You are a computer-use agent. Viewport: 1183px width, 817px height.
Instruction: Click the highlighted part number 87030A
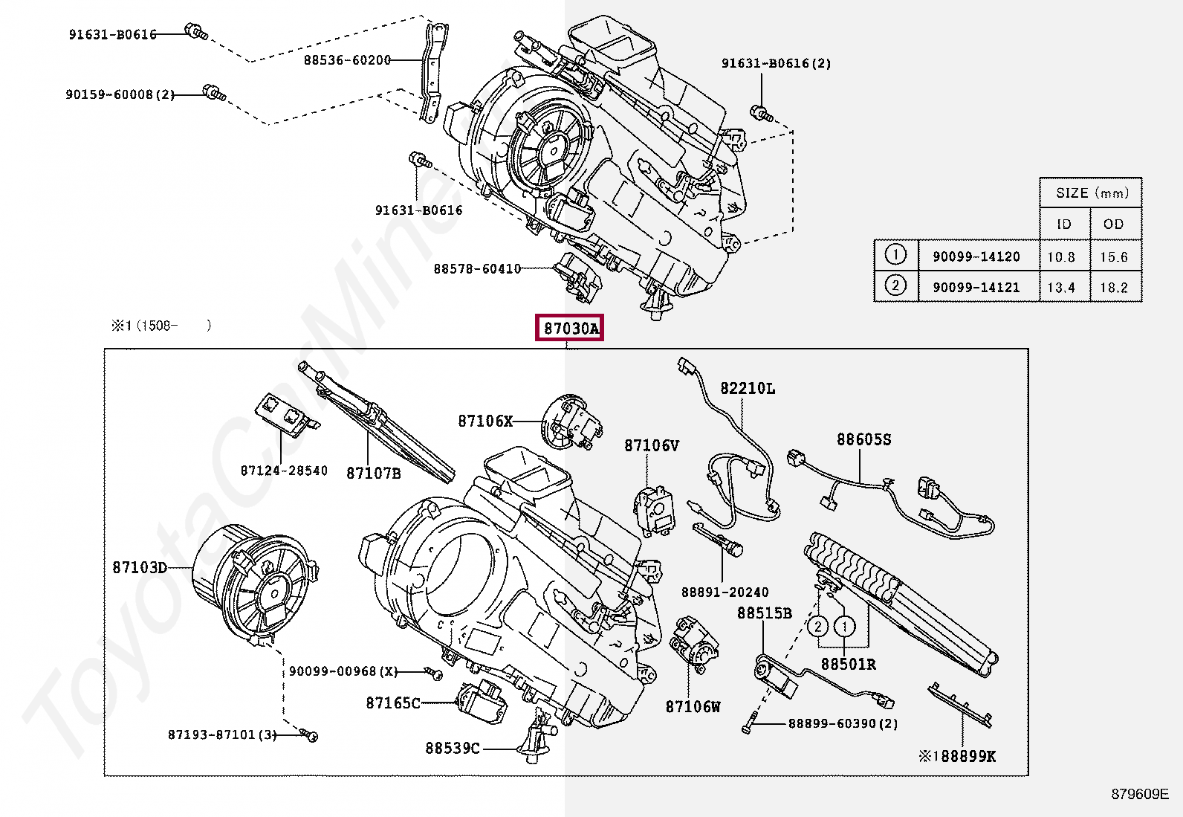click(569, 328)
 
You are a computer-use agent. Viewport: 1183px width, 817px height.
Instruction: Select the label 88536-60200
click(348, 60)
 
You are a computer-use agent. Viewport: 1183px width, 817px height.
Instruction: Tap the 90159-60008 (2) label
click(120, 94)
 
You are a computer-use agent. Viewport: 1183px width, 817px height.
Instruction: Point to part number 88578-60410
click(477, 269)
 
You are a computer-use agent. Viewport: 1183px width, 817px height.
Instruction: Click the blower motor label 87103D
click(140, 567)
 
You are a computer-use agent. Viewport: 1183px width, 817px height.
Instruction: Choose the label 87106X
click(485, 422)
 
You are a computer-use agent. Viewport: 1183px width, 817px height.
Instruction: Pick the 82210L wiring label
click(748, 388)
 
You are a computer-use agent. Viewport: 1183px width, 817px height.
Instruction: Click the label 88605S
click(864, 439)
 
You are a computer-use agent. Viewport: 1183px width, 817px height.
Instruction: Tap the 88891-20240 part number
click(725, 592)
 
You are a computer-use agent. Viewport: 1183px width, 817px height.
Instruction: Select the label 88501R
click(848, 665)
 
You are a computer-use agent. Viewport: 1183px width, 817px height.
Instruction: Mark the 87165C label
click(393, 703)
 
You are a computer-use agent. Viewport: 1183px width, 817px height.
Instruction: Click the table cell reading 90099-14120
click(976, 256)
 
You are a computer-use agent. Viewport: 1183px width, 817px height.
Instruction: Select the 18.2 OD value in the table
click(1114, 288)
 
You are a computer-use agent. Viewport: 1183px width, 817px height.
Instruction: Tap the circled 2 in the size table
click(895, 286)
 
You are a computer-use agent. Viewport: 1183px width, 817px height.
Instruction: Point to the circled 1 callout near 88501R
click(844, 627)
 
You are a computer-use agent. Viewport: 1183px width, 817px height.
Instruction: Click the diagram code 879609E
click(1140, 794)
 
